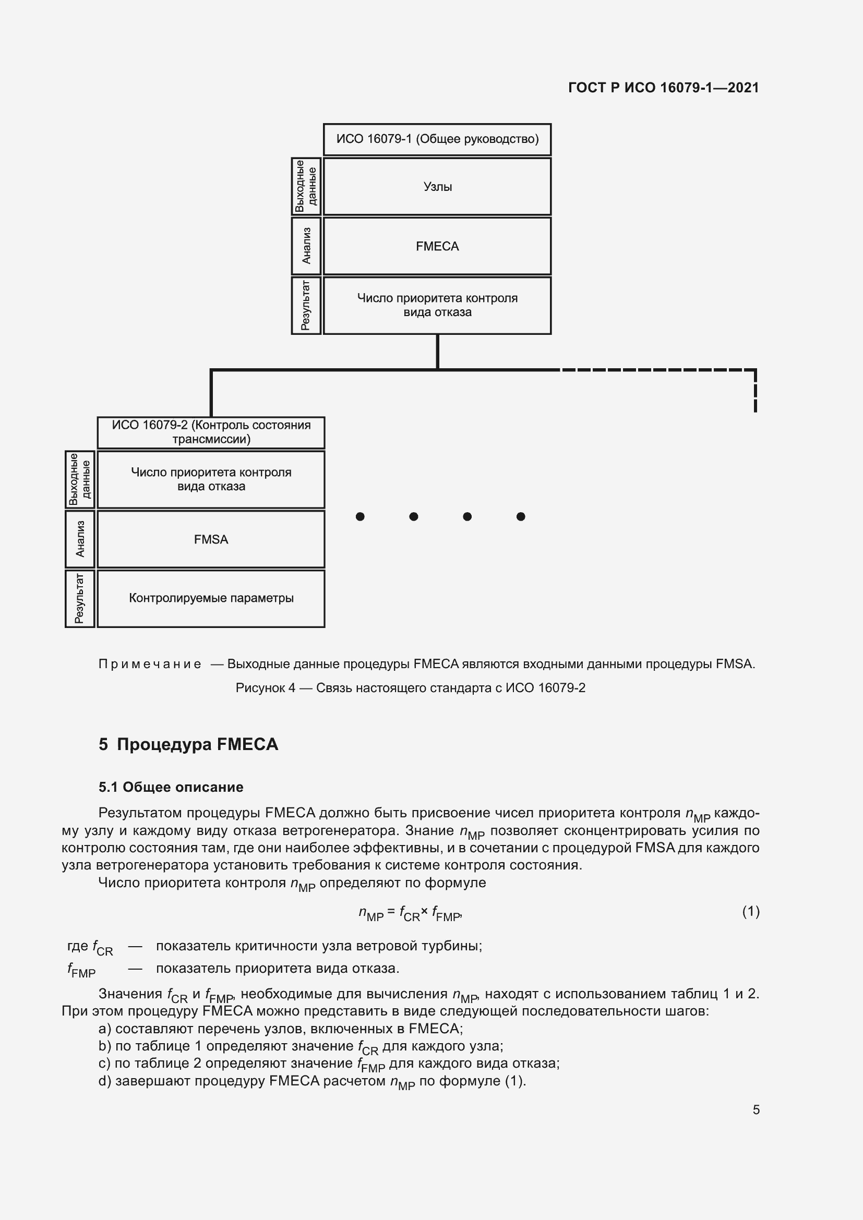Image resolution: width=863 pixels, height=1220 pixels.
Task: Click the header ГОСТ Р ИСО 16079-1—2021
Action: (663, 88)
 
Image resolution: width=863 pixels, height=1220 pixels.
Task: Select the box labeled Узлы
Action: (437, 187)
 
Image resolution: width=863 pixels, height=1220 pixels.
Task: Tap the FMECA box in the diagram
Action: (437, 246)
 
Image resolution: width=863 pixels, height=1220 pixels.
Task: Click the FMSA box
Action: (211, 539)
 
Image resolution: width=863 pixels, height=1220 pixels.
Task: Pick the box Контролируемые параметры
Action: (211, 598)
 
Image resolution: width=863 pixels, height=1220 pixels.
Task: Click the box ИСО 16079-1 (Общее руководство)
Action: (437, 139)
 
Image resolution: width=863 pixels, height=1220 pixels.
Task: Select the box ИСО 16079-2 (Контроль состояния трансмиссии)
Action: (211, 432)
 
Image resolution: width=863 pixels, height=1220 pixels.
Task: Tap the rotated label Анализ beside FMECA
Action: (306, 246)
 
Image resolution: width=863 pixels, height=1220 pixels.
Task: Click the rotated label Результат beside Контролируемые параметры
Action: (80, 598)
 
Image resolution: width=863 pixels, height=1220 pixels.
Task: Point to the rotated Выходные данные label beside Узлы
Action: (306, 187)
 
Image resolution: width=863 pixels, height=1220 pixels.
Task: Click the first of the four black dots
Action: (361, 516)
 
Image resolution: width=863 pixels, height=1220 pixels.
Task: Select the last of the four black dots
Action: (521, 516)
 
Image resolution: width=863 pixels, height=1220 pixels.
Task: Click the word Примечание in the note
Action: (150, 664)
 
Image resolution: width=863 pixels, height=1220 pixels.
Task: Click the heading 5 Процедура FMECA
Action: (188, 744)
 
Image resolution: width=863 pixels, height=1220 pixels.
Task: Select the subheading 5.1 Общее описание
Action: (171, 787)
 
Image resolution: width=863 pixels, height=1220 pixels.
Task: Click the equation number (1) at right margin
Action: (750, 912)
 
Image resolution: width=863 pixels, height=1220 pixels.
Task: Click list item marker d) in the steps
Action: (105, 1081)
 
